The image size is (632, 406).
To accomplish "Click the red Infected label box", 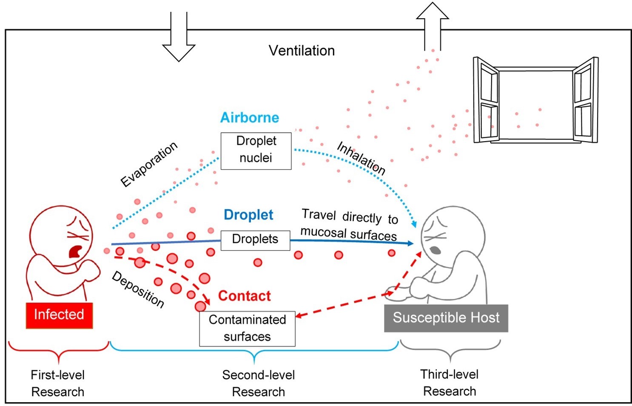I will coord(59,315).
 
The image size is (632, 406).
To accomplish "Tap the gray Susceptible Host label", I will coord(446,318).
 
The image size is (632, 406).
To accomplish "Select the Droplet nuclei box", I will coord(256,150).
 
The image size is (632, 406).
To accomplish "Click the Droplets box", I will coord(255,240).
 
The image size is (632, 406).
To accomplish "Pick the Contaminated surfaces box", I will coord(247,329).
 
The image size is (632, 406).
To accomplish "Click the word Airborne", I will coord(250,118).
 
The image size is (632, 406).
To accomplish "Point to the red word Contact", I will coord(244,296).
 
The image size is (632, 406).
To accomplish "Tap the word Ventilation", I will coord(302,51).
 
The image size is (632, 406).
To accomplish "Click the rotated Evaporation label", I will coord(149,164).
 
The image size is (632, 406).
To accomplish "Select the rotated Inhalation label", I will coord(361,158).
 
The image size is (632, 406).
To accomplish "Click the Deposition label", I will coord(138,289).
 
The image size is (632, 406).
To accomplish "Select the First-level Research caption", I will coord(58,383).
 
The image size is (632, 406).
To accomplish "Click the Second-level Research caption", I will coord(258,383).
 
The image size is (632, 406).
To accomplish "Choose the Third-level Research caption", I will coord(450,382).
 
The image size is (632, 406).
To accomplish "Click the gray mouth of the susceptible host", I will coord(436,250).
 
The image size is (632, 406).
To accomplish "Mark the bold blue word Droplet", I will coord(248,215).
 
